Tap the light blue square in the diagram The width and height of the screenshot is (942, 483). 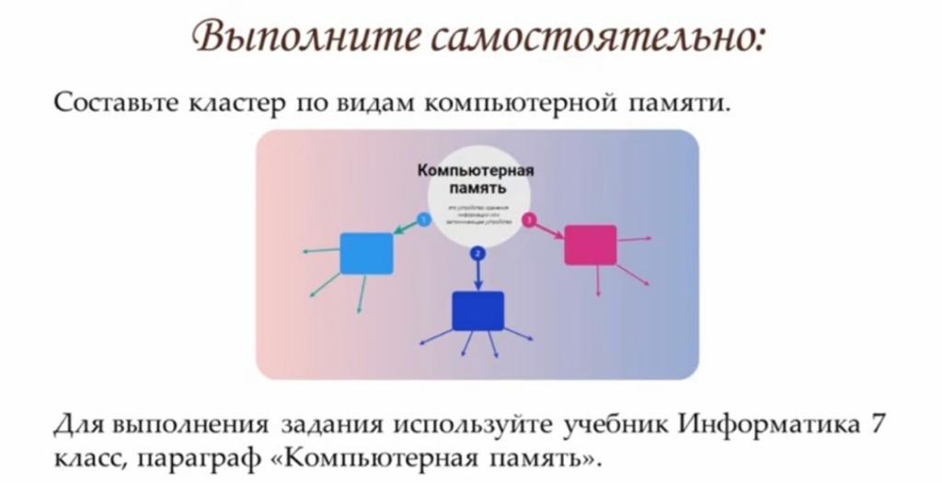[366, 253]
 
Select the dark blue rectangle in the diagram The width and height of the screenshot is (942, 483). [477, 311]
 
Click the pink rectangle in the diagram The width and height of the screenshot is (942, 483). [590, 245]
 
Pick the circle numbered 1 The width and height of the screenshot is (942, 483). [422, 220]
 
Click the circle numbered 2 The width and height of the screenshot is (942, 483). [477, 253]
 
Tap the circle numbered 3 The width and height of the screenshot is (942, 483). [529, 220]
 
